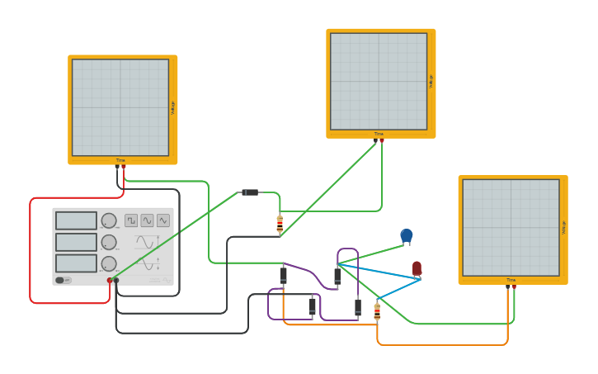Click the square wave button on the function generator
pyautogui.click(x=131, y=220)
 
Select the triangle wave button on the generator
pyautogui.click(x=162, y=220)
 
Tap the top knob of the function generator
pyautogui.click(x=108, y=220)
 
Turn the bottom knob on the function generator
pyautogui.click(x=108, y=263)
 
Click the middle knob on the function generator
pyautogui.click(x=108, y=242)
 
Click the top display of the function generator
pyautogui.click(x=76, y=220)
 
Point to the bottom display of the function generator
pyautogui.click(x=76, y=263)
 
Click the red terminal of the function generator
pyautogui.click(x=109, y=281)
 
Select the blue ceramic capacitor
pyautogui.click(x=406, y=236)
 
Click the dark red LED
pyautogui.click(x=417, y=268)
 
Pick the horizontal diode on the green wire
pyautogui.click(x=249, y=192)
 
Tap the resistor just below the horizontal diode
pyautogui.click(x=280, y=222)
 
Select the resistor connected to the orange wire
pyautogui.click(x=377, y=311)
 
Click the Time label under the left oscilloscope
pyautogui.click(x=120, y=160)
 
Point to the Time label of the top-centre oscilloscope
pyautogui.click(x=379, y=134)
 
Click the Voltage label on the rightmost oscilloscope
pyautogui.click(x=564, y=227)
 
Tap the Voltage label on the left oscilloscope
pyautogui.click(x=173, y=107)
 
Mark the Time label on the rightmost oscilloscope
pyautogui.click(x=511, y=280)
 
